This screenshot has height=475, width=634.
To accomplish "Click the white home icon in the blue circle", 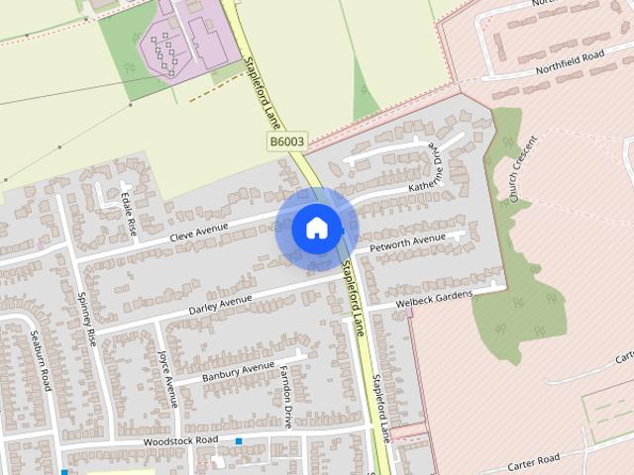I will tap(316, 228).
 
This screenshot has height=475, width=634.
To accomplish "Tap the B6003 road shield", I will tap(286, 142).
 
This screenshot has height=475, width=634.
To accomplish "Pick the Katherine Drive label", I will tap(423, 173).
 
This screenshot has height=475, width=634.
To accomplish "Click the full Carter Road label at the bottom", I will tap(534, 458).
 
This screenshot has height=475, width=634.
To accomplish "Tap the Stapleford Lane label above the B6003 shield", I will tap(262, 94).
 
